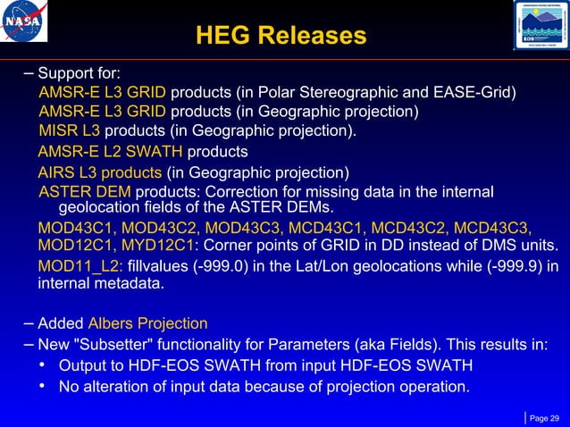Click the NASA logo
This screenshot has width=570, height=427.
point(26,24)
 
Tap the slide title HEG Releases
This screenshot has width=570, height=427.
point(281,35)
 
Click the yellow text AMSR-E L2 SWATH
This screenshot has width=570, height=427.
point(107,152)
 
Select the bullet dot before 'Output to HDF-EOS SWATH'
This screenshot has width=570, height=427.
point(42,366)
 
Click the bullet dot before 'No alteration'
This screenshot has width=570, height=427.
point(42,387)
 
